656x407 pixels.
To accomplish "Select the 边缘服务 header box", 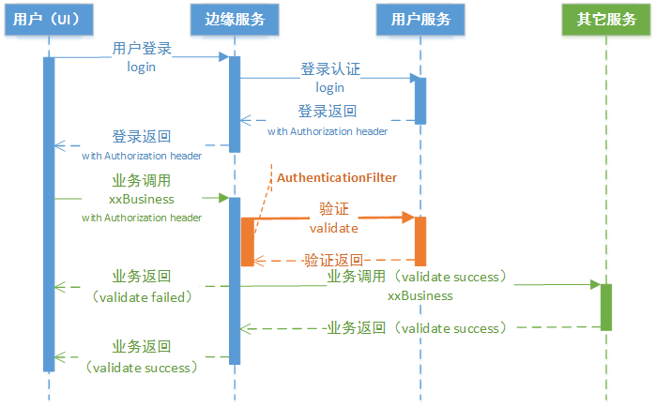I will [x=234, y=20].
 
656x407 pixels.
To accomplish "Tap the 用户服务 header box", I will [x=420, y=20].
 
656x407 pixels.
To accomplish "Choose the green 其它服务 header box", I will [x=606, y=20].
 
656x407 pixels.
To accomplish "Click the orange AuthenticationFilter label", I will [x=335, y=176].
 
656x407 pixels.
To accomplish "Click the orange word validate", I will [x=333, y=227].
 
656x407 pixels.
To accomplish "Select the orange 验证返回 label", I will [x=333, y=260].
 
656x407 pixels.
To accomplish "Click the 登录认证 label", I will [x=329, y=69].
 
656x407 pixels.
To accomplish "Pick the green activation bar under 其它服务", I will [x=606, y=307].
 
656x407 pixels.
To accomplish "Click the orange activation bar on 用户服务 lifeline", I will [x=420, y=240].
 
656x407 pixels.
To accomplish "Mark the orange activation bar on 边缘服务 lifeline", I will [x=248, y=241].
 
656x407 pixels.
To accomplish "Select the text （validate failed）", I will [x=142, y=296].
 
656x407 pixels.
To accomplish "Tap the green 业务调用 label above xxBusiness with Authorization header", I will [x=142, y=180].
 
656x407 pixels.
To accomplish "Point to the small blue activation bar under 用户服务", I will [x=420, y=100].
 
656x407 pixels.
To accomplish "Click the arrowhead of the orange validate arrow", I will [x=409, y=218].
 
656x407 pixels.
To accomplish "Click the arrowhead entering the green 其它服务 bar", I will [x=595, y=283].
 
